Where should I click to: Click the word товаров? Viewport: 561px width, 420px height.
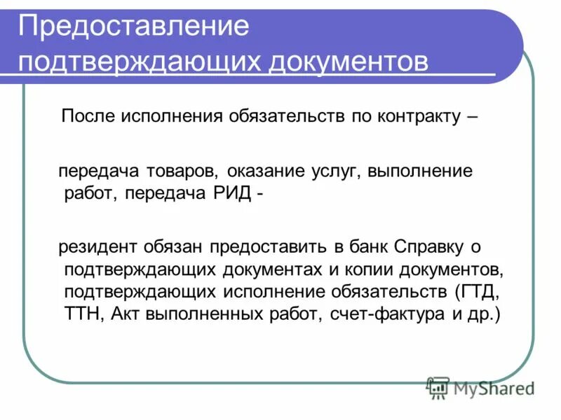(187, 171)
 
